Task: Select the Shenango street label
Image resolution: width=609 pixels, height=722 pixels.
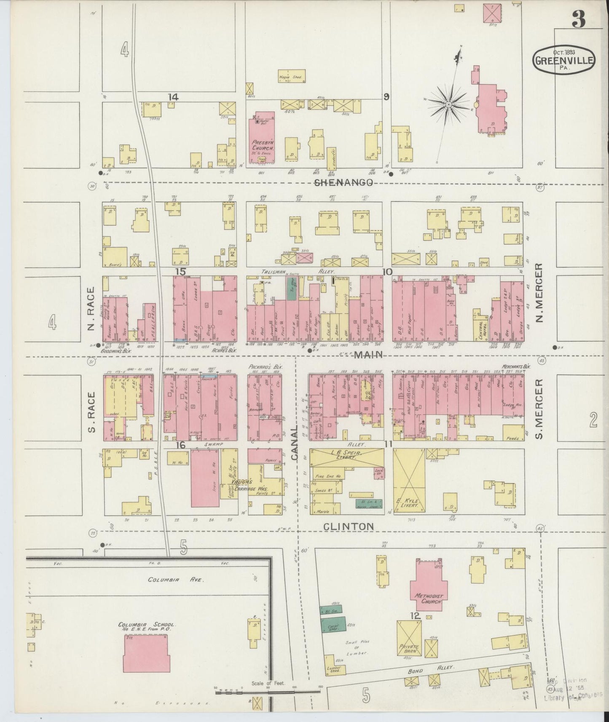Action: coord(344,182)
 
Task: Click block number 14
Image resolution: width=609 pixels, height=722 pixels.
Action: coord(173,97)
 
